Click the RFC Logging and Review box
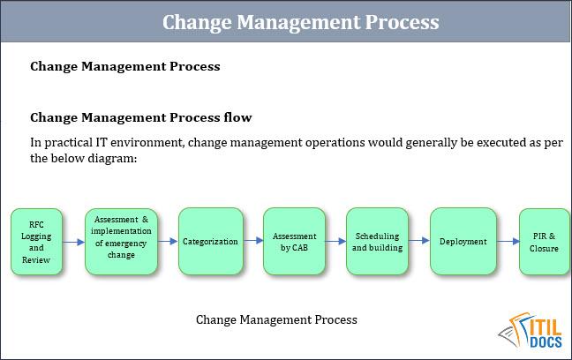point(37,243)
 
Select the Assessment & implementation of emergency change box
point(122,242)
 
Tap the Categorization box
point(210,242)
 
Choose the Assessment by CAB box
point(294,242)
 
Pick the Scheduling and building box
point(377,242)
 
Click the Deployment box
point(463,242)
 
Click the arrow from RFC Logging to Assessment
point(74,242)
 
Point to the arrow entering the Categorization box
point(168,242)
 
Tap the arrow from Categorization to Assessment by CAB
point(252,242)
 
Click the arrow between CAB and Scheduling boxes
point(335,242)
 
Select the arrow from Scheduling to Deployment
point(418,242)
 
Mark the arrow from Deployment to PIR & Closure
point(507,242)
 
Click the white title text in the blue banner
point(299,21)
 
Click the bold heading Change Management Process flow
point(140,116)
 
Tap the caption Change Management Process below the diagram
point(276,319)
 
